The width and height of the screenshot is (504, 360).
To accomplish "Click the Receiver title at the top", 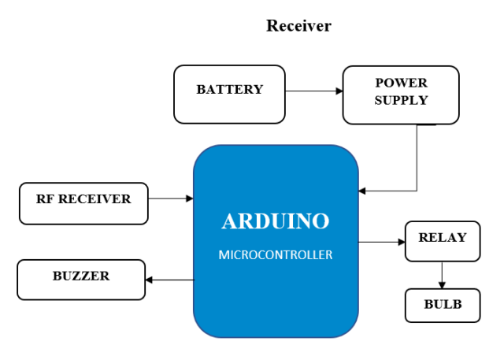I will pyautogui.click(x=298, y=26).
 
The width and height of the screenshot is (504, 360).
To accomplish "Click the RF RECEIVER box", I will pyautogui.click(x=83, y=202).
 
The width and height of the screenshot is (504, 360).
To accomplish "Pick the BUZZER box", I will pyautogui.click(x=82, y=280).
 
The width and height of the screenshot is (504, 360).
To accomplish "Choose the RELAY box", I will pyautogui.click(x=442, y=241).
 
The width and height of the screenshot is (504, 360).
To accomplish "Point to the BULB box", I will pyautogui.click(x=442, y=306).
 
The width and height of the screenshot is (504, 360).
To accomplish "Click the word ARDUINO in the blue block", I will pyautogui.click(x=276, y=221).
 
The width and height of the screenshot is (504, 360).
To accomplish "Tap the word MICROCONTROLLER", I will pyautogui.click(x=276, y=254).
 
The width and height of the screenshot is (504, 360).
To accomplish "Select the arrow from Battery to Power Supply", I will pyautogui.click(x=313, y=91).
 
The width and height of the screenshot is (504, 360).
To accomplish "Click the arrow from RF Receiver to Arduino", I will pyautogui.click(x=170, y=199).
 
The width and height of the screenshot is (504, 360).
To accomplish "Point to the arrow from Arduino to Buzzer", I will pyautogui.click(x=169, y=280).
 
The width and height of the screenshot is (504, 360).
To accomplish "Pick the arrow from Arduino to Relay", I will pyautogui.click(x=382, y=242).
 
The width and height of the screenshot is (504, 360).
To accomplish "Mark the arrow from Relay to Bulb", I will pyautogui.click(x=442, y=275).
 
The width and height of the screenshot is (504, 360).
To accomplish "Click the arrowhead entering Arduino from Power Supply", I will pyautogui.click(x=362, y=191).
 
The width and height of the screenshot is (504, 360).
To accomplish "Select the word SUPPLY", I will pyautogui.click(x=401, y=100).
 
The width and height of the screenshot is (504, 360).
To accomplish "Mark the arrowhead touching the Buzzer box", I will pyautogui.click(x=150, y=280).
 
